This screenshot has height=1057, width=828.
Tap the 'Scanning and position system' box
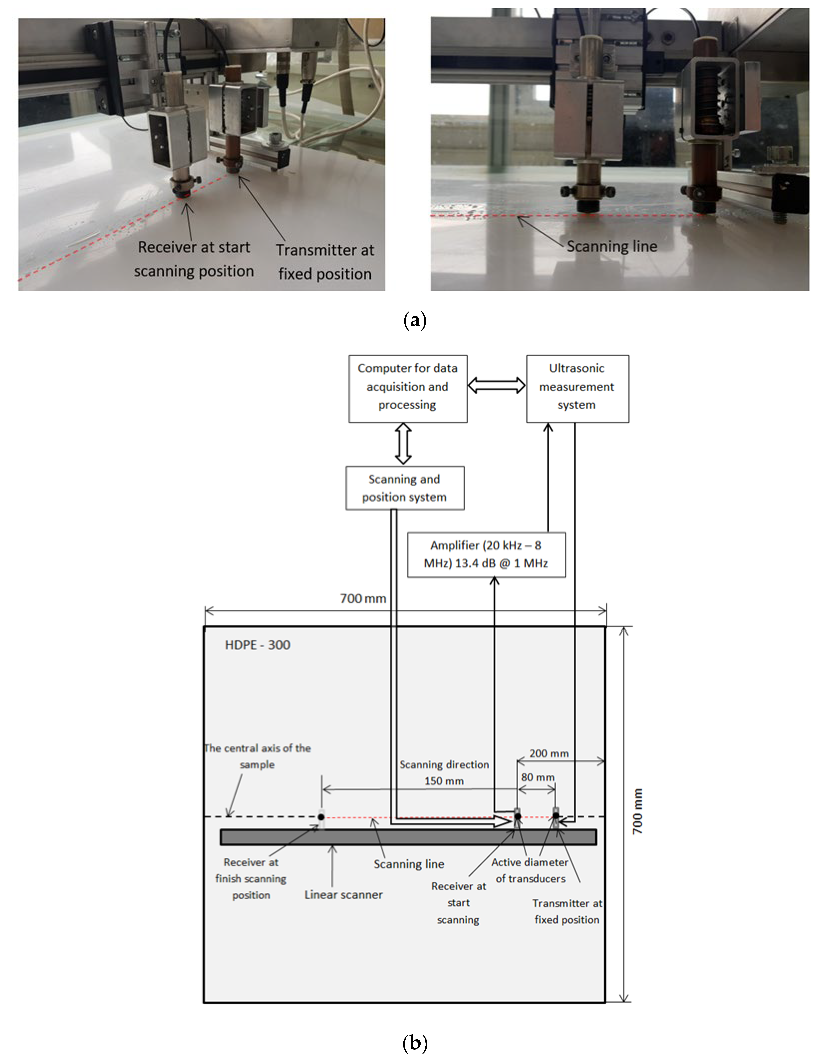tap(405, 488)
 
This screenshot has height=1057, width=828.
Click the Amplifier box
tap(486, 555)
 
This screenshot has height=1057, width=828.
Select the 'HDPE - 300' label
tap(257, 644)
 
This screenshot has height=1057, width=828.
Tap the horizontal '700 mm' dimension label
tap(363, 599)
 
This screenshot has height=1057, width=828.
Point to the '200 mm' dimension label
tap(549, 753)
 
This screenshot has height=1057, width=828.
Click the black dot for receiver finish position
tap(321, 817)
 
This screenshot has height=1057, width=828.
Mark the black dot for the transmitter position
tap(556, 817)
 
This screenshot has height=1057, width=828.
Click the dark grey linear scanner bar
tap(408, 837)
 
